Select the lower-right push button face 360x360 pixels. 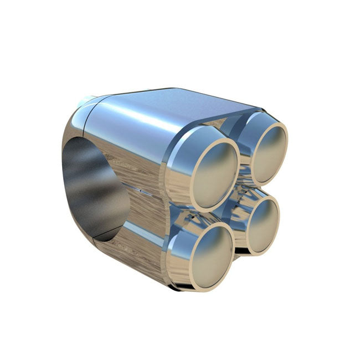(260, 224)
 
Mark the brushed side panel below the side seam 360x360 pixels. (138, 238)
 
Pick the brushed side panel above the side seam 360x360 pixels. (138, 166)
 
